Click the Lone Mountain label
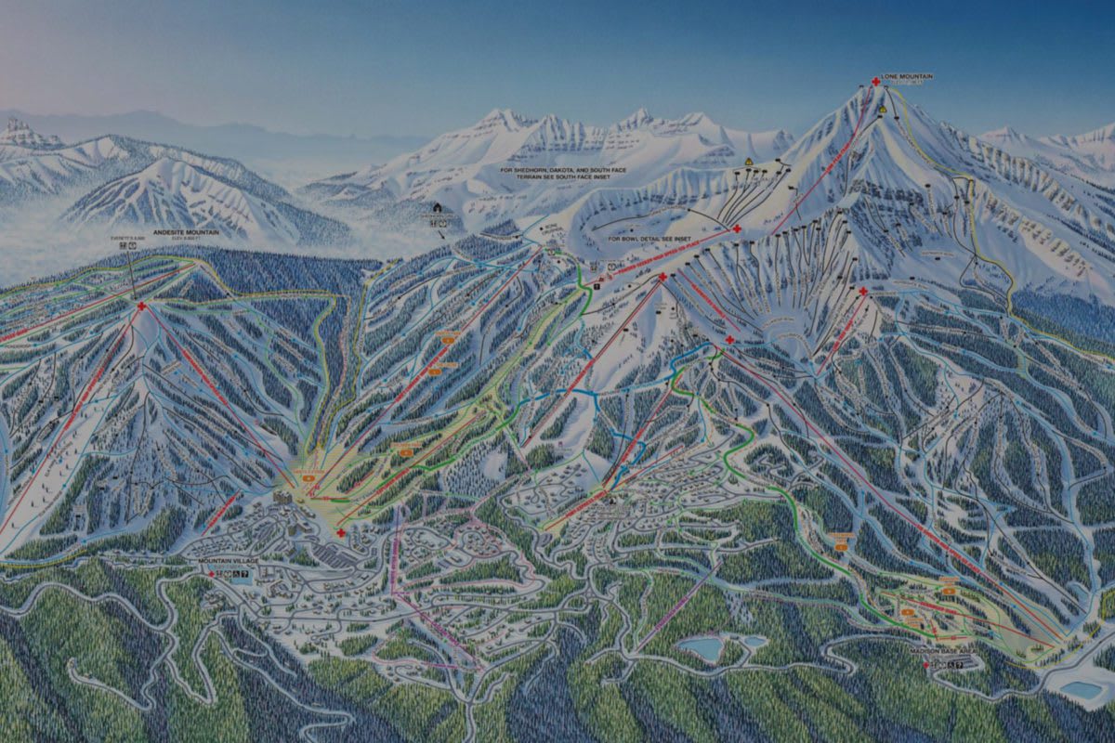point(909,76)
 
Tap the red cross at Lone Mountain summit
point(875,82)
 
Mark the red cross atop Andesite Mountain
point(141,306)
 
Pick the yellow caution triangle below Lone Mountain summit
point(881,109)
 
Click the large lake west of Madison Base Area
point(702,647)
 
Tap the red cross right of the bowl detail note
point(736,228)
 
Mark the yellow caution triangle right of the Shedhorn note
point(747,162)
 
